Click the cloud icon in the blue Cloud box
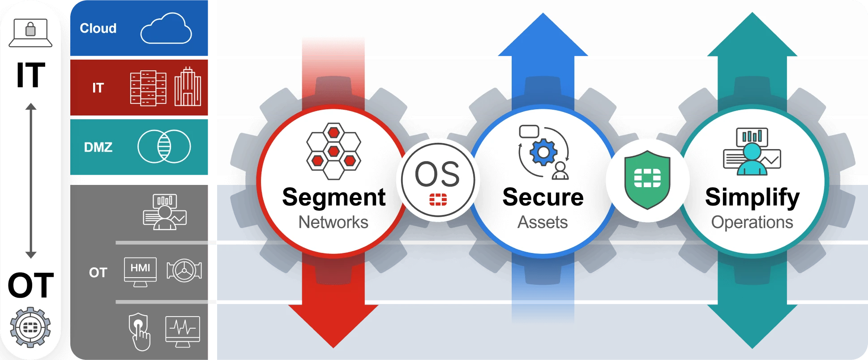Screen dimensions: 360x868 166,29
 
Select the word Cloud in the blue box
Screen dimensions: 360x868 98,28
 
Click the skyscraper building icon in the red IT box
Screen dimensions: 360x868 188,87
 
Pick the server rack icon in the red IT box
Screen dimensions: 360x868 148,88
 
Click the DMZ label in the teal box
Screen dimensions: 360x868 98,147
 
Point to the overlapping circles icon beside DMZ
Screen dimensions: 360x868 164,146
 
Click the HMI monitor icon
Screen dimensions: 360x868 140,271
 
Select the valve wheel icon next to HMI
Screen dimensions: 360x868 184,270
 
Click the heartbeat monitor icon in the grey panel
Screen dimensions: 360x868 183,330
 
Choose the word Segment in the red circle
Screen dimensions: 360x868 334,197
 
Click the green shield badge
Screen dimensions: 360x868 647,180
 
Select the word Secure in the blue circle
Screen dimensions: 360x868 543,197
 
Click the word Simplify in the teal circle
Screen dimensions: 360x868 752,197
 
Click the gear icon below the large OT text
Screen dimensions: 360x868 30,327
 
